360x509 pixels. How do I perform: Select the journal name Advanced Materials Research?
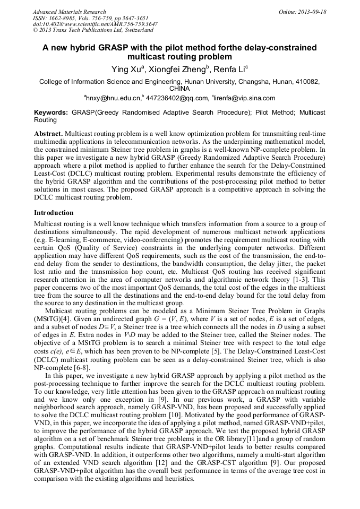click(69, 12)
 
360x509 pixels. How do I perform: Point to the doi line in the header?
click(95, 24)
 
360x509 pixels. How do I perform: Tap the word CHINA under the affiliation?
click(179, 89)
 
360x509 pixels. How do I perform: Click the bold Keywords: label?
click(52, 113)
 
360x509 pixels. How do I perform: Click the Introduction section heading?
click(54, 213)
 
